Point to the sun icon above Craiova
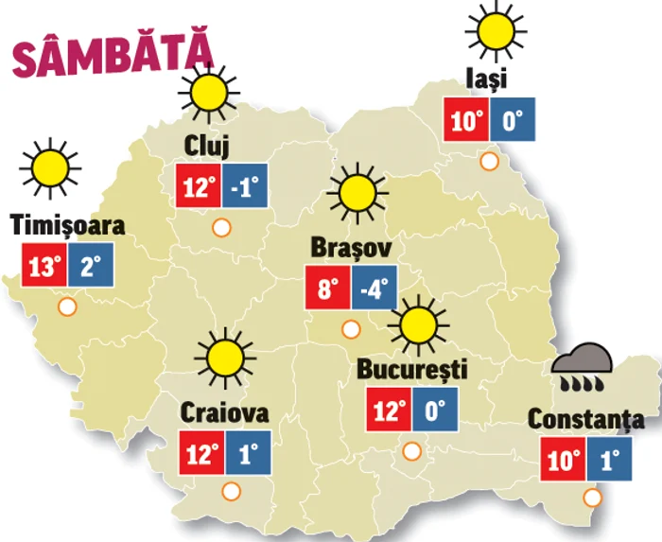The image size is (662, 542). (225, 358)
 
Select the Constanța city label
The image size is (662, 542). (586, 419)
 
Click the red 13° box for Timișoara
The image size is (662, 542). (43, 265)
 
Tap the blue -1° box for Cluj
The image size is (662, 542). (246, 186)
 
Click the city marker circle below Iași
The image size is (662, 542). (489, 161)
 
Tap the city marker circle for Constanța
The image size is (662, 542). (593, 498)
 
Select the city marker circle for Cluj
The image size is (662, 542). (221, 227)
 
